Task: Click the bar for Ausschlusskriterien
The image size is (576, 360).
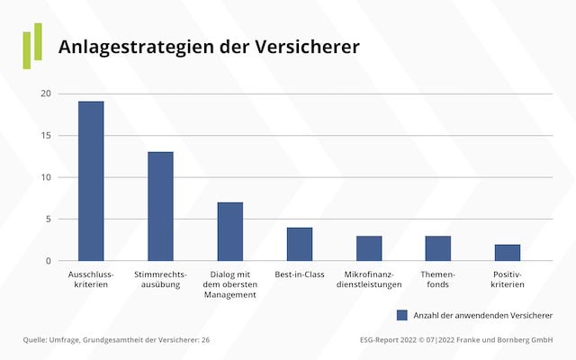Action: coord(91,181)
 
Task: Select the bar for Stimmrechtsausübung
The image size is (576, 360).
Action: coord(160,206)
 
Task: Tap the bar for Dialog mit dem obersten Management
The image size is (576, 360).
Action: coord(230,231)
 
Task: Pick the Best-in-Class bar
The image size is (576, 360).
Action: coord(300,244)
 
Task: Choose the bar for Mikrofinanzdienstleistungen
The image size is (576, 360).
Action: coord(369,248)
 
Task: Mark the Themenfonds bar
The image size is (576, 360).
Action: coord(438,248)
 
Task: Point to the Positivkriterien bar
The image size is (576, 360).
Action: coord(508,253)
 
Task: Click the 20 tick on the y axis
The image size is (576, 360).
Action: coord(46,94)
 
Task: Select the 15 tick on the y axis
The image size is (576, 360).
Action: coord(46,136)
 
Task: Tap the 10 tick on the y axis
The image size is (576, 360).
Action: coord(46,177)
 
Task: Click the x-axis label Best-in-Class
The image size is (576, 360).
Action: coord(300,274)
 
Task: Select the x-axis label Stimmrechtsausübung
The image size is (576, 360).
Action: coord(160,279)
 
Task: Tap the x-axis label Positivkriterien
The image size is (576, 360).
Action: coord(508,279)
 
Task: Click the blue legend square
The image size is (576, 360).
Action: coord(402,315)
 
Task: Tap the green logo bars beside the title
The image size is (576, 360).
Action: coord(32,45)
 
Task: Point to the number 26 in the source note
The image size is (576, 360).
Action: coord(204,340)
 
